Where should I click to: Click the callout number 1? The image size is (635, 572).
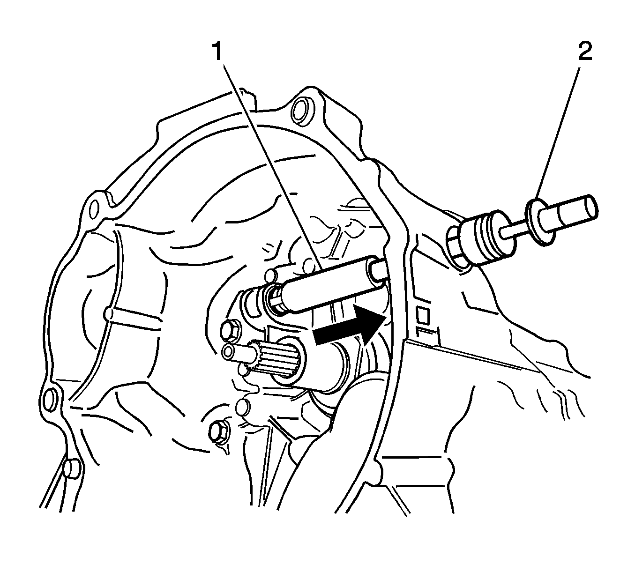pyautogui.click(x=217, y=52)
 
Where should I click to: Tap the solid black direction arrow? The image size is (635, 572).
pyautogui.click(x=350, y=326)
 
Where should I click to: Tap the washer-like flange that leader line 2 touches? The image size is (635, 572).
pyautogui.click(x=540, y=222)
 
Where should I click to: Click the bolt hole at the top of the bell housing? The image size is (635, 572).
pyautogui.click(x=301, y=111)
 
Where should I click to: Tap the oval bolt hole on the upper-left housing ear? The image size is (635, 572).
pyautogui.click(x=94, y=208)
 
